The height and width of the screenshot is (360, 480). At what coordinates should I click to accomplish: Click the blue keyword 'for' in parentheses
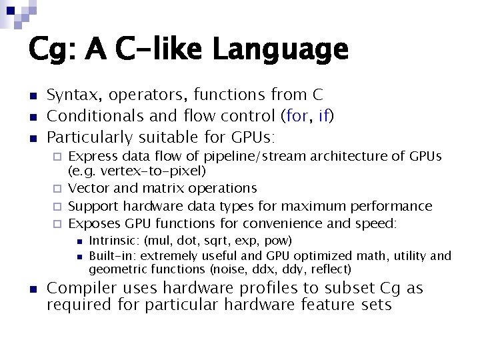296,117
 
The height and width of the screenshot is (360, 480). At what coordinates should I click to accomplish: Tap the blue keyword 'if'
324,117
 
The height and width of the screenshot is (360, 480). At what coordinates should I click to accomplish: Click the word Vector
88,189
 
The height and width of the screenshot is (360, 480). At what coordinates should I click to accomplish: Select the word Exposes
94,223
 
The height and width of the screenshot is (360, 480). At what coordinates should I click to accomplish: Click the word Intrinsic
113,241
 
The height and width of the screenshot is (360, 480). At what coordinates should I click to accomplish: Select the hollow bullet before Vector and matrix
57,189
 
